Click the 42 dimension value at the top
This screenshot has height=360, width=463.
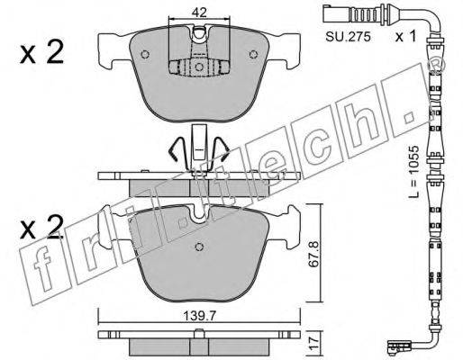(x=199, y=12)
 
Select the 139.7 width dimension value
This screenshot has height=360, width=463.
(x=200, y=316)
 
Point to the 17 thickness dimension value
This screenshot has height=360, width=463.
(x=313, y=342)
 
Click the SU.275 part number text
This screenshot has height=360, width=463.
(x=348, y=37)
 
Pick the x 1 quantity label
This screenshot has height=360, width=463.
(x=405, y=37)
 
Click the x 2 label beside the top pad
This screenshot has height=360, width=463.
(x=41, y=53)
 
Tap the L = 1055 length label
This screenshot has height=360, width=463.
(x=413, y=171)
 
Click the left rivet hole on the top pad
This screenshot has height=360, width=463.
(x=145, y=54)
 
